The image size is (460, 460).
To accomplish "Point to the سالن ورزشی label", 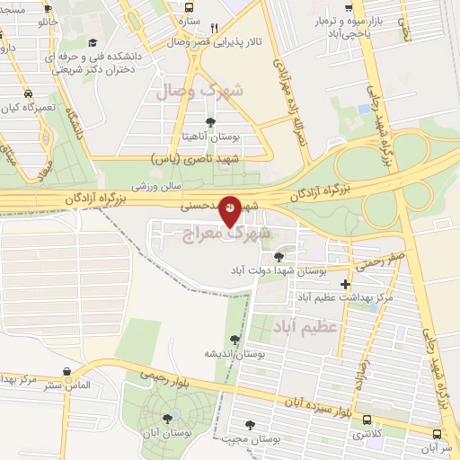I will pos(157,187).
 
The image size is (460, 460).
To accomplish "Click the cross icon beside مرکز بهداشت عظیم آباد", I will pos(345,284).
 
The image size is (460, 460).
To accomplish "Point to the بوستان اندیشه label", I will pos(235,353).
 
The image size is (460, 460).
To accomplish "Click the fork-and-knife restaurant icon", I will pos(214,27).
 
